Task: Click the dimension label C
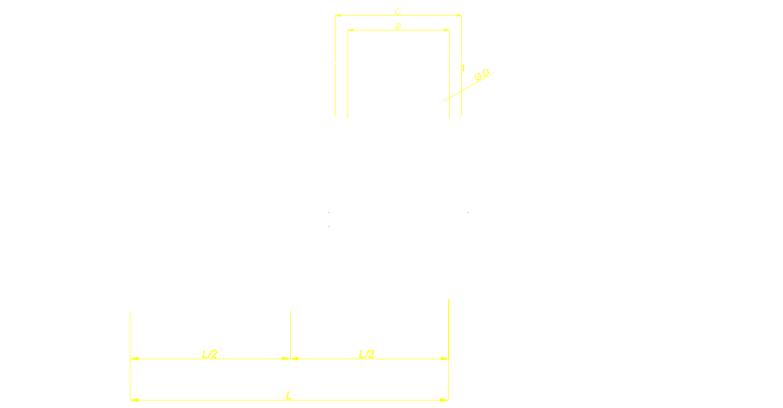pos(398,11)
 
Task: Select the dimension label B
pos(398,26)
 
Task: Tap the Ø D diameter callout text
pos(482,75)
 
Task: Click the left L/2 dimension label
pos(210,354)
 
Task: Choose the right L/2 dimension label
pos(367,354)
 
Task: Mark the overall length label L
pos(289,395)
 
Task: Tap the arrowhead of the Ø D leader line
pos(440,102)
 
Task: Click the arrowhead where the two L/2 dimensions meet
pos(291,359)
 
